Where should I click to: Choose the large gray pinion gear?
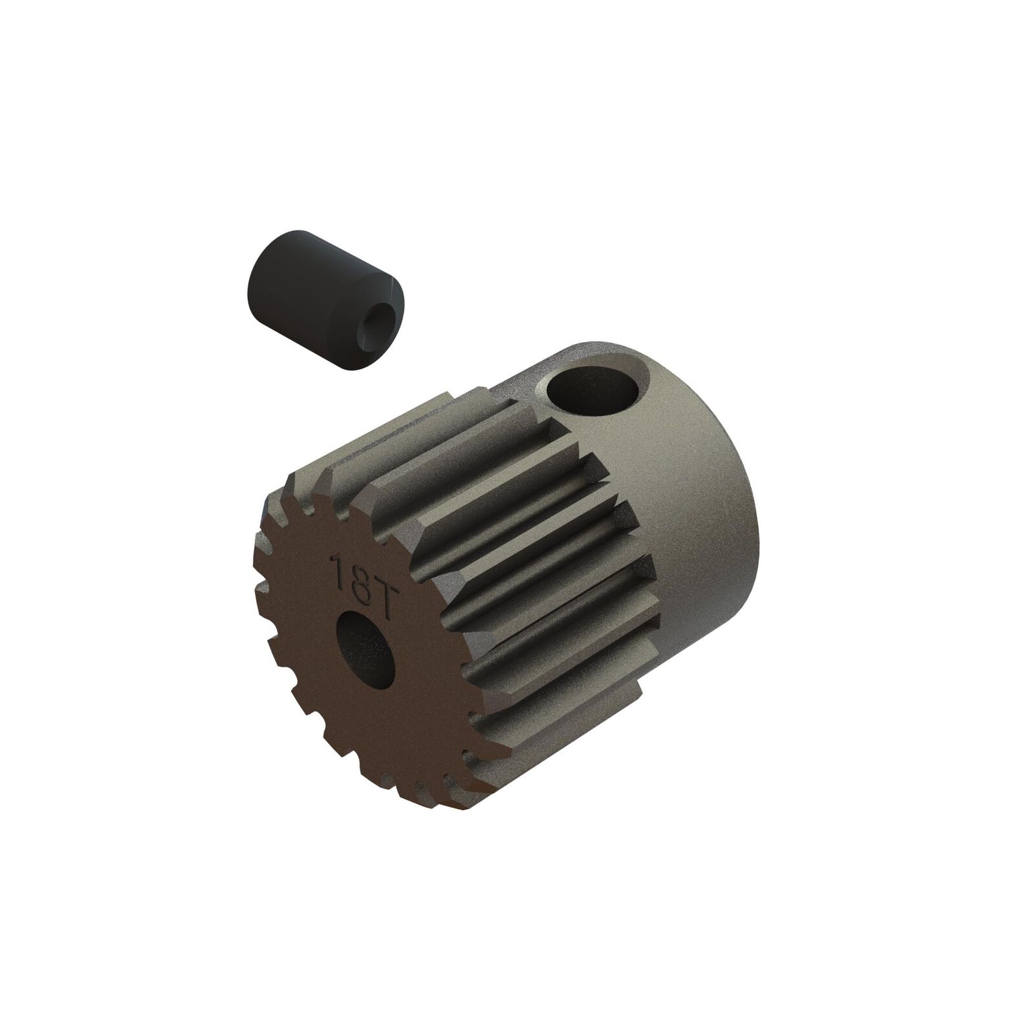[x=517, y=582]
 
